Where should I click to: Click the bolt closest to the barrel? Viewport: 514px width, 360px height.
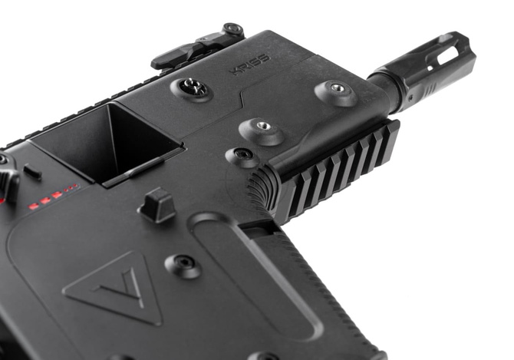(x=336, y=91)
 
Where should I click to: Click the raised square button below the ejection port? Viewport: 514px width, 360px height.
(x=157, y=206)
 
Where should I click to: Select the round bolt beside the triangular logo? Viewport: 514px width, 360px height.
(x=183, y=266)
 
